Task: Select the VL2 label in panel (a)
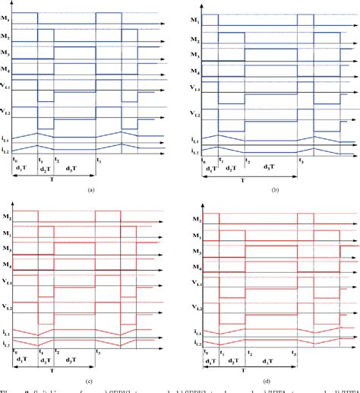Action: pos(6,113)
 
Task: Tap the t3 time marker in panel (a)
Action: pos(98,160)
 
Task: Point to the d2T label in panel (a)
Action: pos(43,169)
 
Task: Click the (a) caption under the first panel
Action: pos(91,191)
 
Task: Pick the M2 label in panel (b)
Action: pos(195,38)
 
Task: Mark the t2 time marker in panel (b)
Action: pos(245,161)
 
